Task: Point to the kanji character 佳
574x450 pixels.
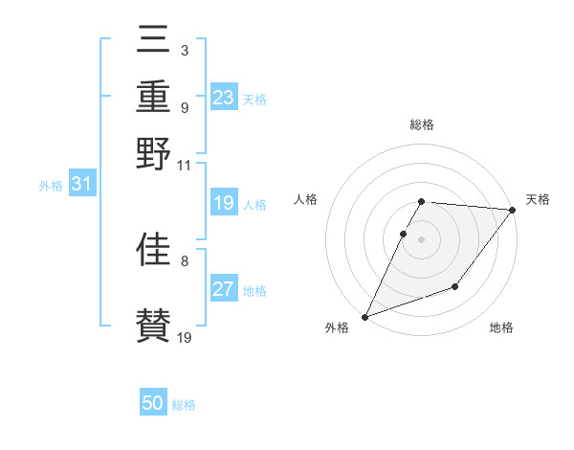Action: (154, 248)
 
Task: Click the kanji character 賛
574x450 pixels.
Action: (154, 324)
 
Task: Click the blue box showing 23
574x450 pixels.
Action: (224, 98)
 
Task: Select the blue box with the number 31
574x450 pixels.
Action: (81, 184)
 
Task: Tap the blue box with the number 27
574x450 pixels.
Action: (224, 289)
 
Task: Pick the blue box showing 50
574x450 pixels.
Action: (153, 403)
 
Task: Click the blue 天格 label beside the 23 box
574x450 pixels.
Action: (254, 100)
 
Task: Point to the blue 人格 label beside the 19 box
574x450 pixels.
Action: (254, 205)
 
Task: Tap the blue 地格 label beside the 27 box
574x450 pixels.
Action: (254, 291)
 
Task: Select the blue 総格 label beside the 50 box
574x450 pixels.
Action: (184, 405)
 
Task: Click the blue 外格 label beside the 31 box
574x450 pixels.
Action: (51, 186)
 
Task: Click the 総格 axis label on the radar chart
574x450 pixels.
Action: (422, 124)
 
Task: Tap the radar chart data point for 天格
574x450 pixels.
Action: (513, 210)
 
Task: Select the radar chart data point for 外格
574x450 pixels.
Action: (364, 317)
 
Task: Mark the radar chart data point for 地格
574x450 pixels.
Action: (455, 286)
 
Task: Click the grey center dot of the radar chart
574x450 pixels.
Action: (422, 238)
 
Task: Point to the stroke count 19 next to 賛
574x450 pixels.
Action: (185, 337)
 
